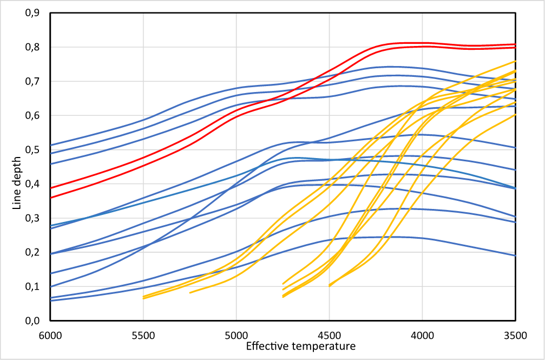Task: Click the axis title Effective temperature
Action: [300, 345]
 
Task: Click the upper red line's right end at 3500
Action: [515, 44]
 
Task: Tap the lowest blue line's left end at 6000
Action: [51, 300]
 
